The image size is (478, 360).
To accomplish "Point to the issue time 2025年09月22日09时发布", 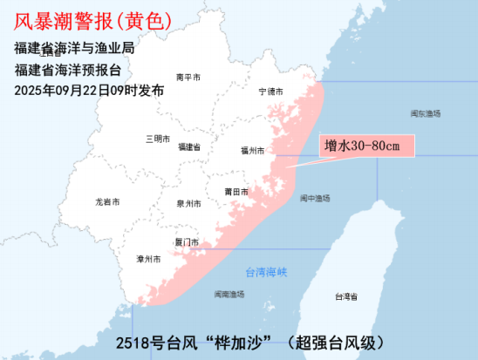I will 89,90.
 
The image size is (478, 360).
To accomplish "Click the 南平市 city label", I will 188,78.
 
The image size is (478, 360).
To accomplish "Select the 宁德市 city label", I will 272,92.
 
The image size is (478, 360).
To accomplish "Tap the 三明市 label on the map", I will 158,139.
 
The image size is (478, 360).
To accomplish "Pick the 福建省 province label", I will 189,147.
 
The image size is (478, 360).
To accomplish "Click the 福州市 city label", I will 252,151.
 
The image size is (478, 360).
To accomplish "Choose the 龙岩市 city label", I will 108,202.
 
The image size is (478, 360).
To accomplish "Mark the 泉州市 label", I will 188,203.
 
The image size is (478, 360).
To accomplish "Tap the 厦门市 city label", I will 187,242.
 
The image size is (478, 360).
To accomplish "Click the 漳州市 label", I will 149,260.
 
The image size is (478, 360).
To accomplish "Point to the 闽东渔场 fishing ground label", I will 426,114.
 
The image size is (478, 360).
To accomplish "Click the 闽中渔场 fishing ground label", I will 315,199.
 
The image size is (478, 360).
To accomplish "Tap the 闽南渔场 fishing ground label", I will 229,295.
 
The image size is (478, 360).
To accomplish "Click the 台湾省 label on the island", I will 346,297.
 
